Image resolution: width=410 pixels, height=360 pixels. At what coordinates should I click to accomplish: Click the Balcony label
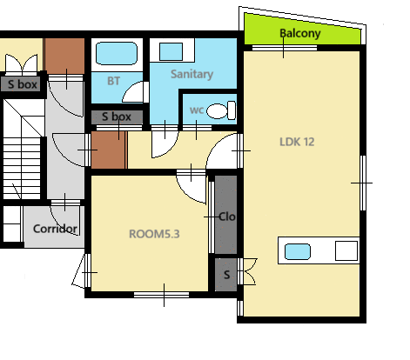(300, 33)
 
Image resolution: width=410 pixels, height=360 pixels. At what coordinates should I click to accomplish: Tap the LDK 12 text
(297, 142)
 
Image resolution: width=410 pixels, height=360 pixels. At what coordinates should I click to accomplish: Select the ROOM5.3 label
(154, 234)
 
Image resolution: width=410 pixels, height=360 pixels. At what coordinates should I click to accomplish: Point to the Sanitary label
(192, 74)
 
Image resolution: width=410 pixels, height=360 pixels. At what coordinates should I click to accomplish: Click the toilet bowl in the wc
(221, 110)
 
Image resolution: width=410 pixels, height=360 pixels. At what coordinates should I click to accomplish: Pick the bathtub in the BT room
(117, 53)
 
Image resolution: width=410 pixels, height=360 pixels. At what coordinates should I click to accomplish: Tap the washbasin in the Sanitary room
(171, 51)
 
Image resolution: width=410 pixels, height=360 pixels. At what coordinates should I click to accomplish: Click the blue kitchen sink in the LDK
(298, 251)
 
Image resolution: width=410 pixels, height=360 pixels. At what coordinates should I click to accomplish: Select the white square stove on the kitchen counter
(346, 250)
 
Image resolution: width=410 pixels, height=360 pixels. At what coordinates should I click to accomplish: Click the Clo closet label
(226, 217)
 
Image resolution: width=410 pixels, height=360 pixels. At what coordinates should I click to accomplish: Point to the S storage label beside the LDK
(226, 275)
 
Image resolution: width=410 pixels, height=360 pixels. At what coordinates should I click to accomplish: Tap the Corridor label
(55, 229)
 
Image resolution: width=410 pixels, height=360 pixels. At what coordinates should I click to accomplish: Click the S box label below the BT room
(117, 117)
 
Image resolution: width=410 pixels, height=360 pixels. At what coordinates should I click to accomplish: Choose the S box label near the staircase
(23, 84)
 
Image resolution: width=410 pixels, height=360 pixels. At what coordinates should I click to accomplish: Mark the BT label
(113, 81)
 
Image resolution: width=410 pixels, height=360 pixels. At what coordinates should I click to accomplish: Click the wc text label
(197, 110)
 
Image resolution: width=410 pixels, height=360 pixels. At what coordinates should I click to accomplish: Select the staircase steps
(22, 168)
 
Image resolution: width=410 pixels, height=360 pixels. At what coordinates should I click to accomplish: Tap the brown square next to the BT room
(64, 56)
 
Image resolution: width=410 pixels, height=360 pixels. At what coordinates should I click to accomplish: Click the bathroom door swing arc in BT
(133, 91)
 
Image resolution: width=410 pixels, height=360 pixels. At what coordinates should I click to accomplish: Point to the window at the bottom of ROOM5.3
(161, 295)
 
